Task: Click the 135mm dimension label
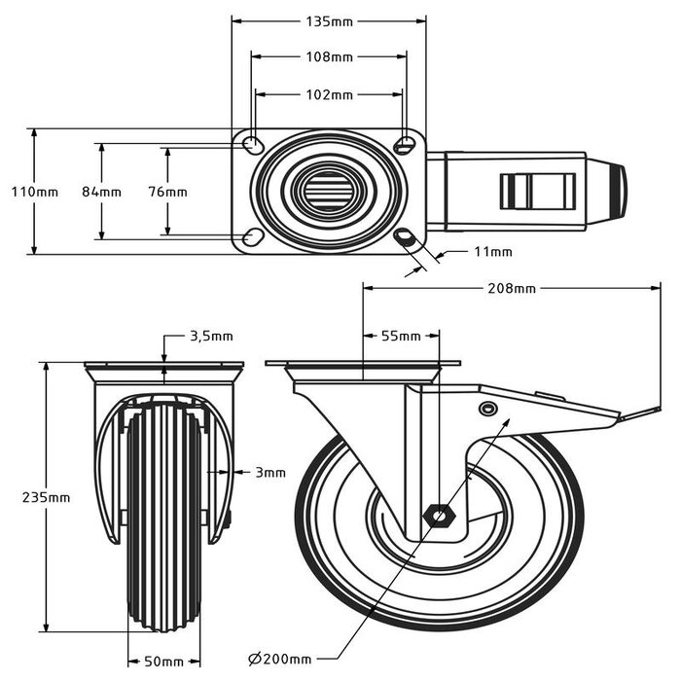coord(329,18)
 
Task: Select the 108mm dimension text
coord(329,56)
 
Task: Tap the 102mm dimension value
coord(329,94)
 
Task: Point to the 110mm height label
coord(34,192)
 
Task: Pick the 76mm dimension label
coord(168,192)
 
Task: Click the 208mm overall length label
coord(512,288)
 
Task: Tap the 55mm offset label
coord(400,337)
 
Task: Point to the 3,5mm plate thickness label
coord(210,337)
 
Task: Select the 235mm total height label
coord(46,496)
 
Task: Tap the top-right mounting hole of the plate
coord(406,146)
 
